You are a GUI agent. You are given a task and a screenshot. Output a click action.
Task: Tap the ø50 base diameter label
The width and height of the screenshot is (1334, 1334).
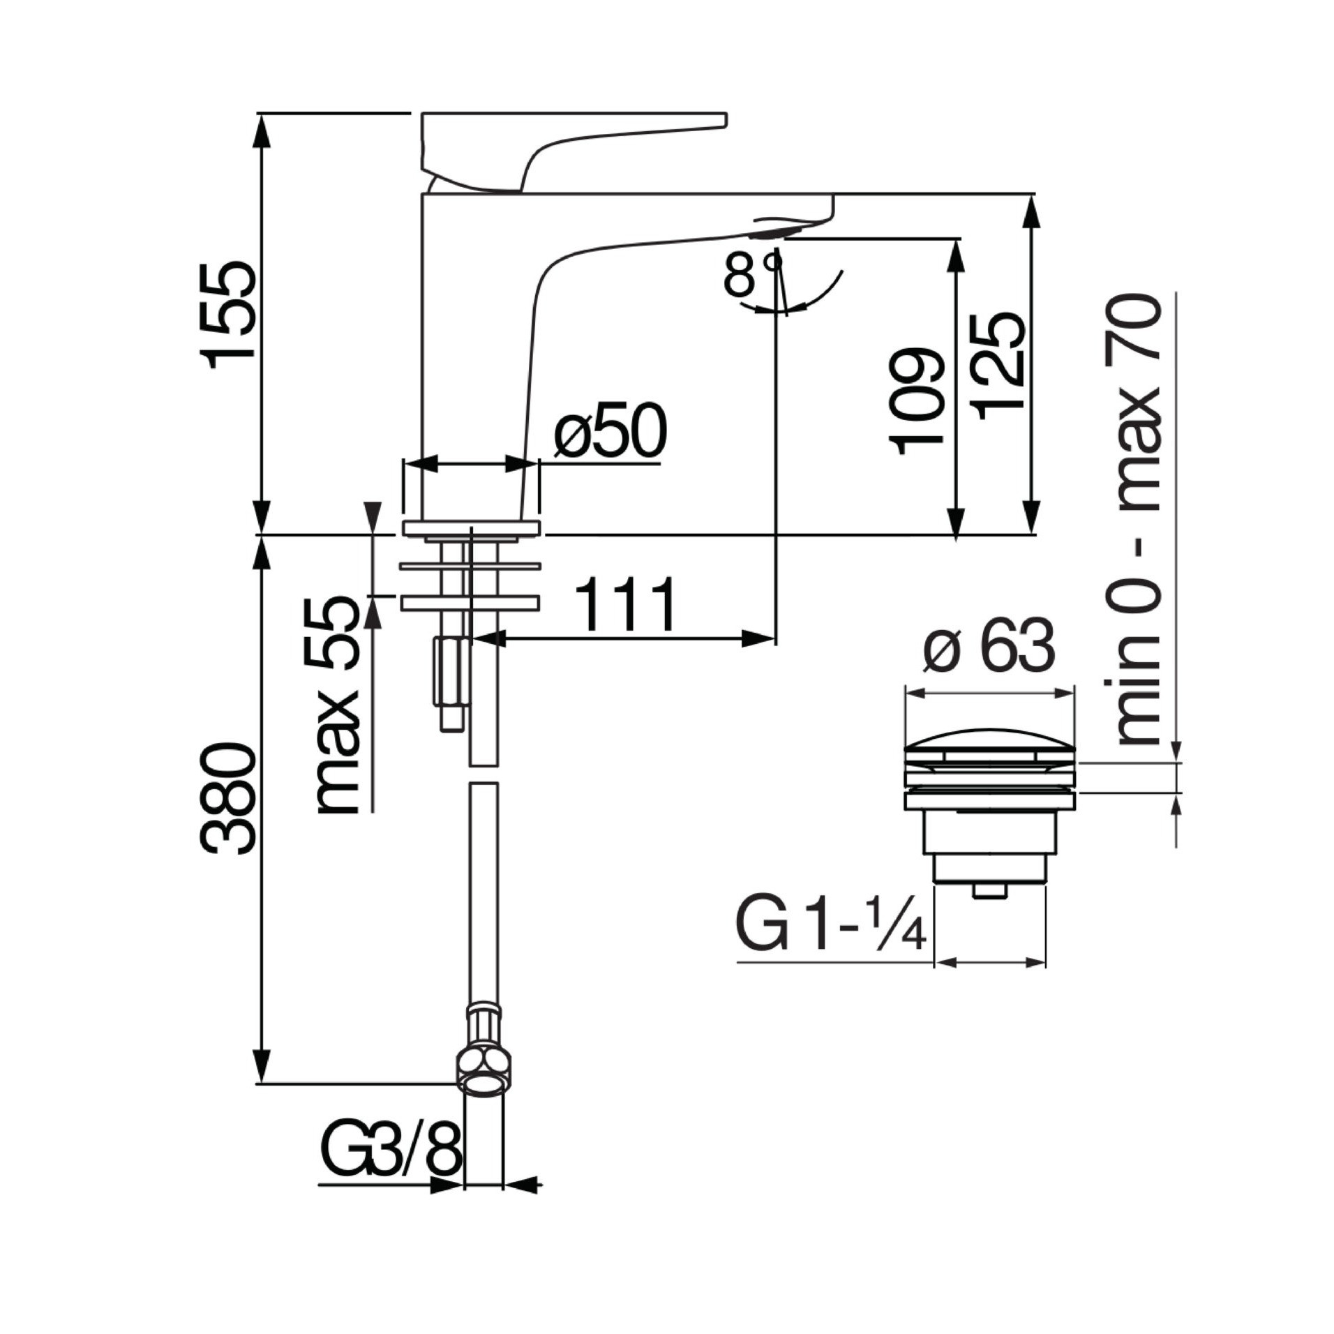click(610, 430)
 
